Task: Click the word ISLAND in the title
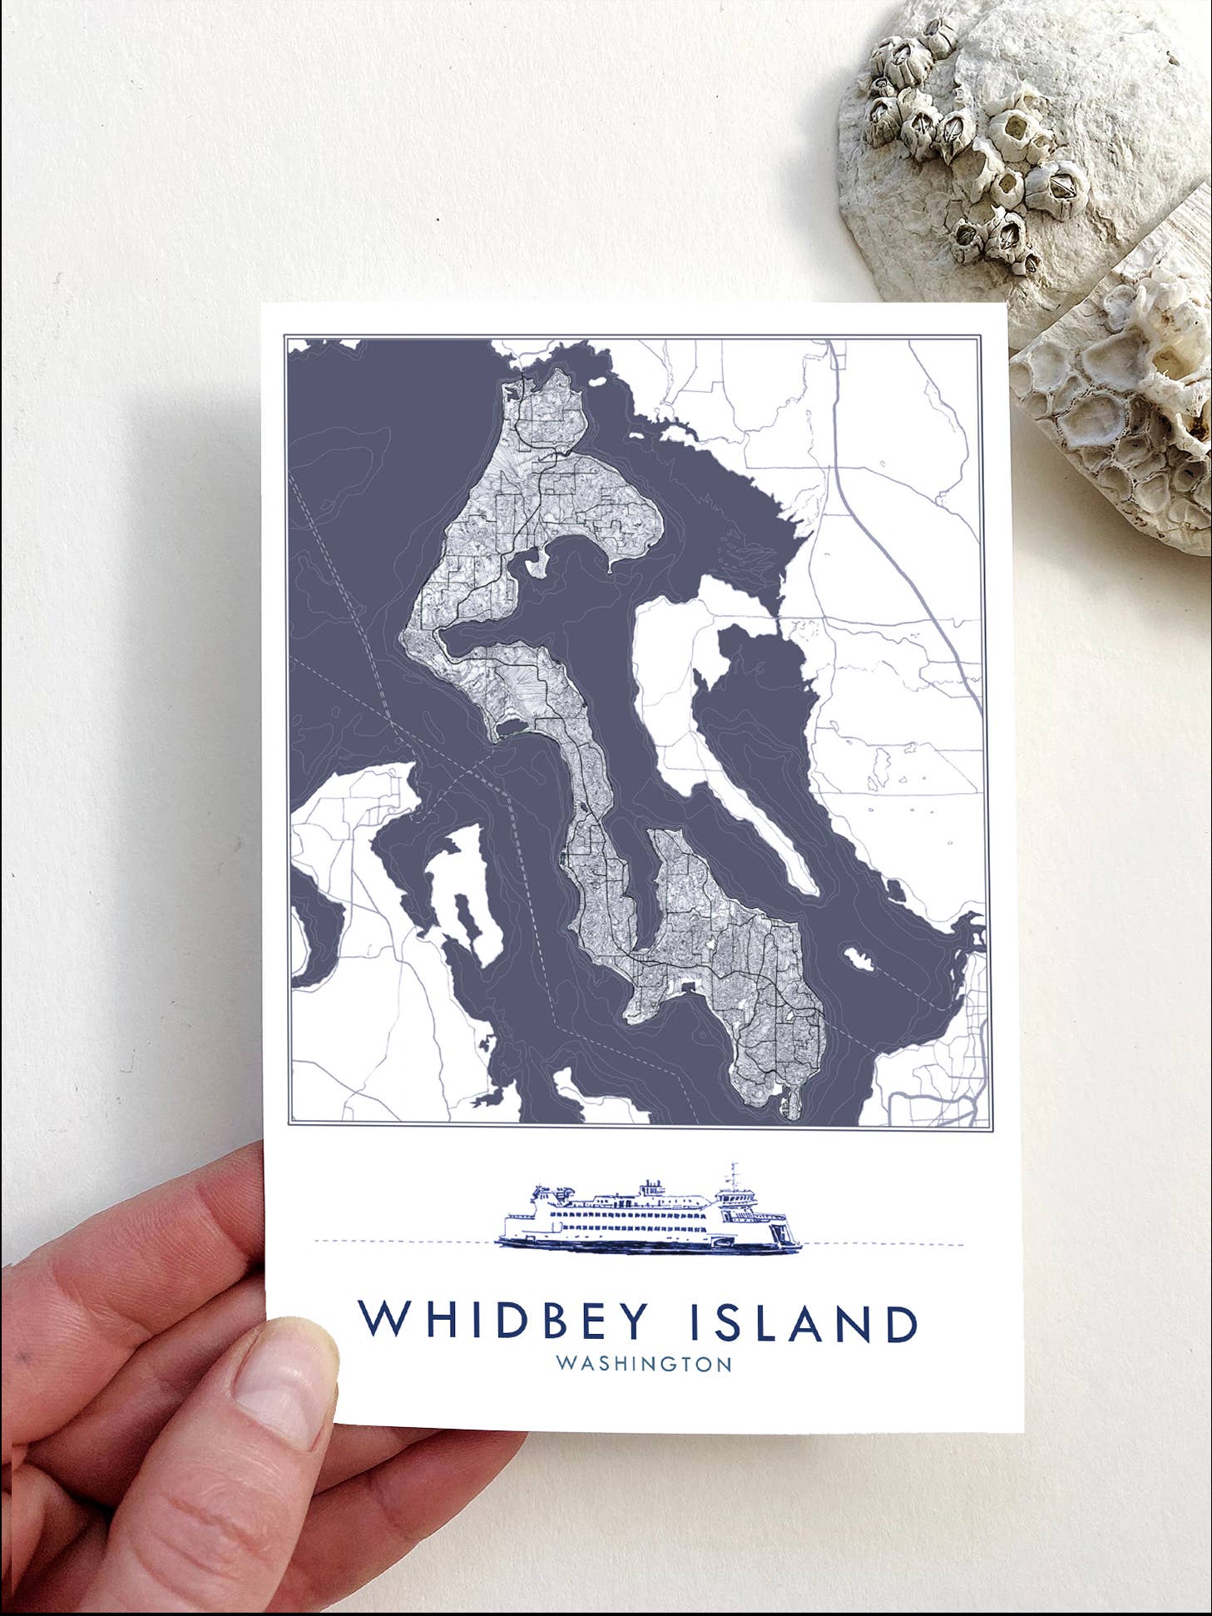click(804, 1322)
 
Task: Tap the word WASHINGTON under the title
click(644, 1365)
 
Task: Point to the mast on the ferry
click(734, 1175)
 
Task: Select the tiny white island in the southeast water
click(858, 958)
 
